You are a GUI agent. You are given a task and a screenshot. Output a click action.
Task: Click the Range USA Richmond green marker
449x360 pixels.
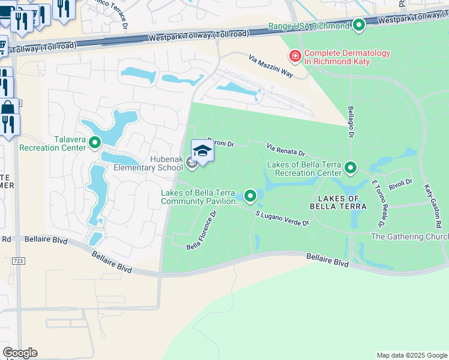tap(359, 25)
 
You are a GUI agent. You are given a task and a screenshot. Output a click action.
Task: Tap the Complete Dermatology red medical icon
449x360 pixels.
tap(295, 57)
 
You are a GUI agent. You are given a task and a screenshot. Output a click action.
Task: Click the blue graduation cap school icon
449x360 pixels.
tap(203, 151)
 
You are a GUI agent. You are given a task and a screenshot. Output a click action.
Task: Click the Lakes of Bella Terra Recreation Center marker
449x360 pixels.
tap(351, 167)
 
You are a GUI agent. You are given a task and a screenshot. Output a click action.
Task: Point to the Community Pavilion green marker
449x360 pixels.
tap(250, 196)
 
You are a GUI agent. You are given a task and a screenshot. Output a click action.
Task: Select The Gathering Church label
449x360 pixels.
tap(409, 237)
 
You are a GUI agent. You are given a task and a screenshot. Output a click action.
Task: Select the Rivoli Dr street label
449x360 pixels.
tap(400, 182)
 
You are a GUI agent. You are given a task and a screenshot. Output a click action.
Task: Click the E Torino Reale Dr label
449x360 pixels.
tap(378, 202)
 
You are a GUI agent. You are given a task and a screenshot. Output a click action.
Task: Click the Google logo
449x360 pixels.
tap(20, 353)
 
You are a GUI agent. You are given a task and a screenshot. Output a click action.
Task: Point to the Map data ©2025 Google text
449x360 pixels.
tap(412, 355)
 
